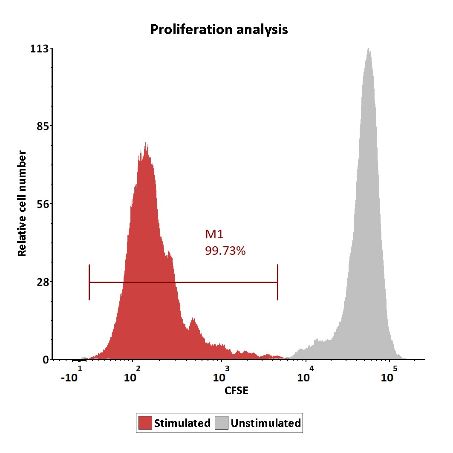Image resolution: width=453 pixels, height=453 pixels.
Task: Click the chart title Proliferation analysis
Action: point(219,30)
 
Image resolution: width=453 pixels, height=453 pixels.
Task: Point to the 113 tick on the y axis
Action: point(39,49)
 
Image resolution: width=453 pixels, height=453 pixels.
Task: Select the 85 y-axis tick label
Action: point(42,127)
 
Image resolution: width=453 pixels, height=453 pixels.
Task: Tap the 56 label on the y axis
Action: point(42,204)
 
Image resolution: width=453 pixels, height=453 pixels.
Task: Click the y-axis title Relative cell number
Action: point(22,204)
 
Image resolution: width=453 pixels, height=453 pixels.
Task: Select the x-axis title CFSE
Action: point(236,390)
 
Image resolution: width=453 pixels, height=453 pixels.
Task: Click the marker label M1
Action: point(214,234)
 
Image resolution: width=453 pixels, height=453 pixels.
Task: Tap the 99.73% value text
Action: point(225,251)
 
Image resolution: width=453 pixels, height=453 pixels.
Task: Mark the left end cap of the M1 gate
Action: point(89,282)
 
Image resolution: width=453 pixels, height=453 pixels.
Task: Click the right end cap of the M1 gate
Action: point(277,282)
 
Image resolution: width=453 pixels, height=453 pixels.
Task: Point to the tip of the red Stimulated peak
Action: point(146,144)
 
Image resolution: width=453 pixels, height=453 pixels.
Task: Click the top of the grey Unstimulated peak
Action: point(369,49)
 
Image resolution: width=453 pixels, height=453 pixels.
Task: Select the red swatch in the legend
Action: point(145,423)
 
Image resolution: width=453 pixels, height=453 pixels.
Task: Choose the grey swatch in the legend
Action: point(222,423)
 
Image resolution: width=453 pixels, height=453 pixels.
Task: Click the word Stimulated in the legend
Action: point(182,423)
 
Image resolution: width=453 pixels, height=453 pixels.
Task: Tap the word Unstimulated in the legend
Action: point(265,423)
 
